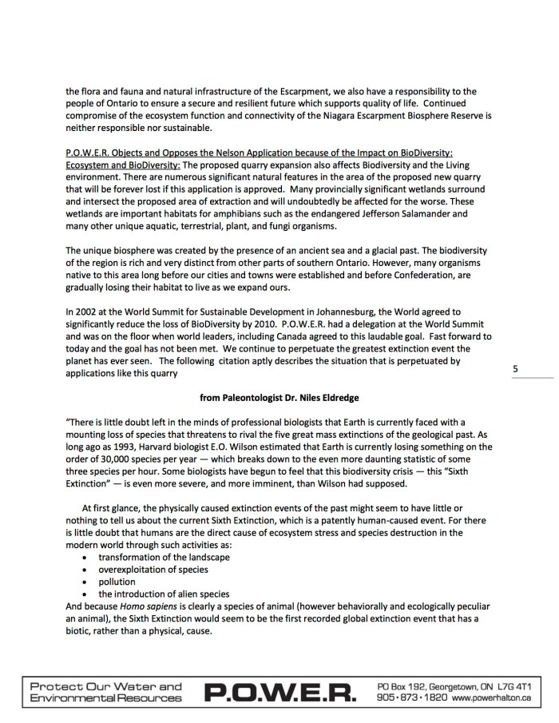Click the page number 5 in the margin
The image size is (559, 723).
point(515,369)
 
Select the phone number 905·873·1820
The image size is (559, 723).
point(410,699)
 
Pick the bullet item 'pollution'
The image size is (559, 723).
point(117,582)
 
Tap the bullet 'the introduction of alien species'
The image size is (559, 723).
point(164,594)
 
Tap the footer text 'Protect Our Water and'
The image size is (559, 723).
point(105,686)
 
